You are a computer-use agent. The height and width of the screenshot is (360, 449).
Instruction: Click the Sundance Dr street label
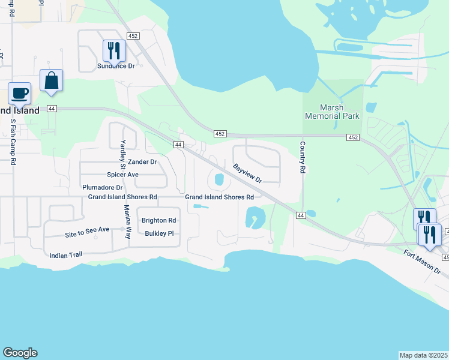click(x=116, y=65)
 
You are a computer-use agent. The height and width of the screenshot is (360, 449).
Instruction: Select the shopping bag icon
click(x=52, y=80)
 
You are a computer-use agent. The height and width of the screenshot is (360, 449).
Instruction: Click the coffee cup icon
click(x=19, y=94)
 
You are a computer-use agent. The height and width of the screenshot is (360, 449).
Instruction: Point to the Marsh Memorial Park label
click(x=332, y=112)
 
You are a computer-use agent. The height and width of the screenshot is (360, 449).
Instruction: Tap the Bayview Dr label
click(x=247, y=172)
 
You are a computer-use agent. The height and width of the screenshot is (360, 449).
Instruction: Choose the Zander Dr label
click(x=142, y=162)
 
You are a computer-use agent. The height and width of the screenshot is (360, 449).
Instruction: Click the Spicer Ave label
click(x=123, y=175)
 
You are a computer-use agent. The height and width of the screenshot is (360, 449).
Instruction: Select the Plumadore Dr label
click(x=103, y=187)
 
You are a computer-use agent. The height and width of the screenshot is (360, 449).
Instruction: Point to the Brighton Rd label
click(x=159, y=220)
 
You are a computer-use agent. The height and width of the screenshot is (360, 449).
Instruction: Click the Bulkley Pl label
click(x=159, y=233)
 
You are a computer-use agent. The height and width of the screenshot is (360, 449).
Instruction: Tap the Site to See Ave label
click(x=87, y=229)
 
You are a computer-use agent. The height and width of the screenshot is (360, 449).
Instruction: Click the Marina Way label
click(x=127, y=222)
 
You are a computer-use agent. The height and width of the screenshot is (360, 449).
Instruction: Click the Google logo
click(x=20, y=353)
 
